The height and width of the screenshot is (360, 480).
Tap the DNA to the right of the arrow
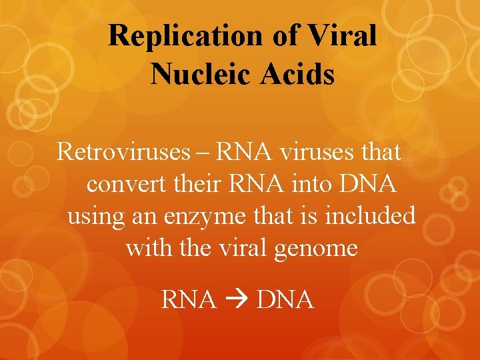coord(285,300)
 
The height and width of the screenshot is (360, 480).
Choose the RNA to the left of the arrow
coord(189,300)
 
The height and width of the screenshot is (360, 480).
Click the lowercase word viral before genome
coord(253,248)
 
